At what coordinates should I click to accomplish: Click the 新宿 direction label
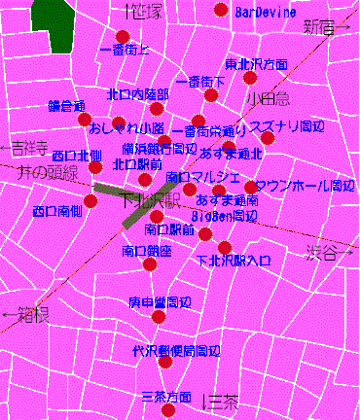pos(321,26)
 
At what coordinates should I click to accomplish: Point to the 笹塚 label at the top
pos(146,11)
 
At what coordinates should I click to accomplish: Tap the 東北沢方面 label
pos(256,64)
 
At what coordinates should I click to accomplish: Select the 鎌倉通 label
pos(68,105)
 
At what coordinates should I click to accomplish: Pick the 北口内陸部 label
pos(137,94)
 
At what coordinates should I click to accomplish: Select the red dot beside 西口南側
pos(90,201)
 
